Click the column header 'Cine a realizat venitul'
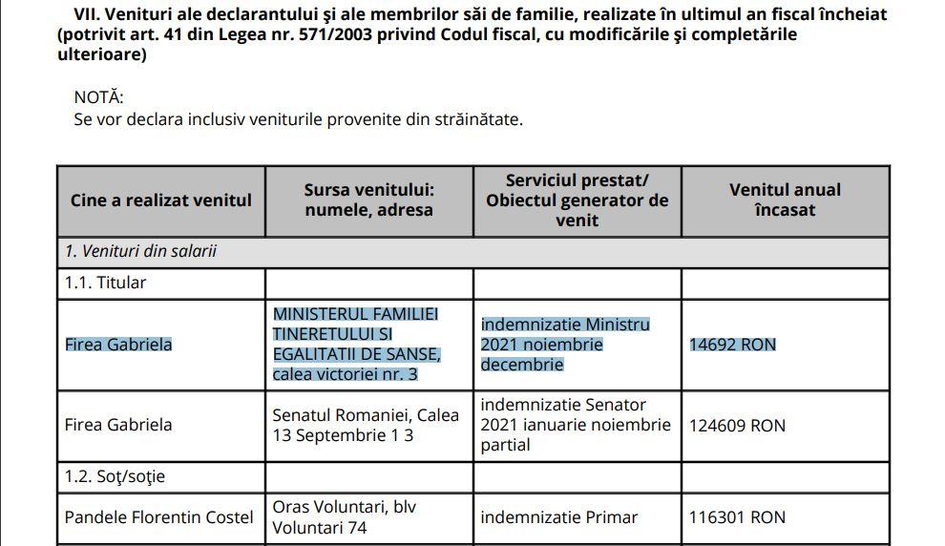pos(160,200)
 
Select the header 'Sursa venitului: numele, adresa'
pos(368,199)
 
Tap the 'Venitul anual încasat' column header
pos(785,199)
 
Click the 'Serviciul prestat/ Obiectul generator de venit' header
pos(577,200)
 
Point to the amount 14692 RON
pos(733,345)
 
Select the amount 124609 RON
pos(737,425)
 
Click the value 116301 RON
pos(737,517)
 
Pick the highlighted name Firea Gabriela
pos(118,345)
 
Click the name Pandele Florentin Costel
pos(158,517)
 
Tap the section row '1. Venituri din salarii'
pos(140,252)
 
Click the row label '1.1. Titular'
pos(106,283)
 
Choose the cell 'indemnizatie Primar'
pos(558,517)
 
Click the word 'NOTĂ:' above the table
pos(98,97)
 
